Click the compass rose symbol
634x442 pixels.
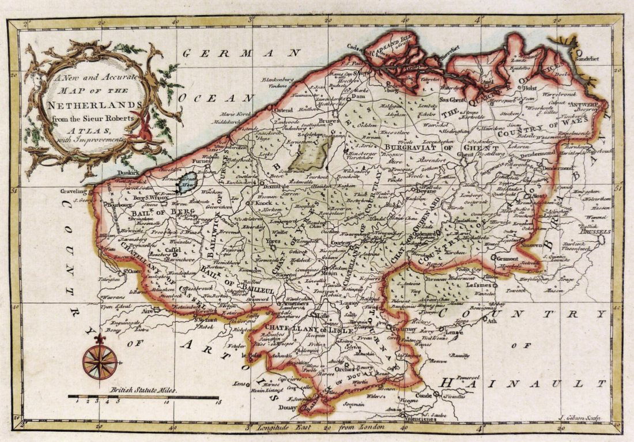pos(100,361)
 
